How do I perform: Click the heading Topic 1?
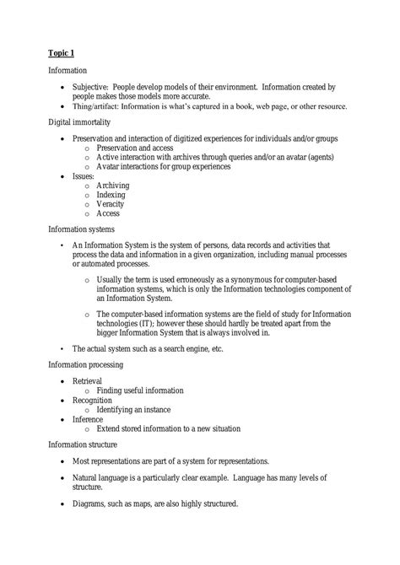(x=62, y=53)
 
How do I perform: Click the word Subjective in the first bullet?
(x=94, y=88)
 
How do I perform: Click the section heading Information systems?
(x=82, y=229)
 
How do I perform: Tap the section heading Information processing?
(x=85, y=364)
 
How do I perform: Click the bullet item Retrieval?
(x=89, y=381)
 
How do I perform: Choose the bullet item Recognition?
(x=94, y=400)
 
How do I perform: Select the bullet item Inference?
(x=89, y=419)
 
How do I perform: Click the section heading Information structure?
(x=83, y=444)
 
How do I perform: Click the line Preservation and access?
(x=141, y=147)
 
